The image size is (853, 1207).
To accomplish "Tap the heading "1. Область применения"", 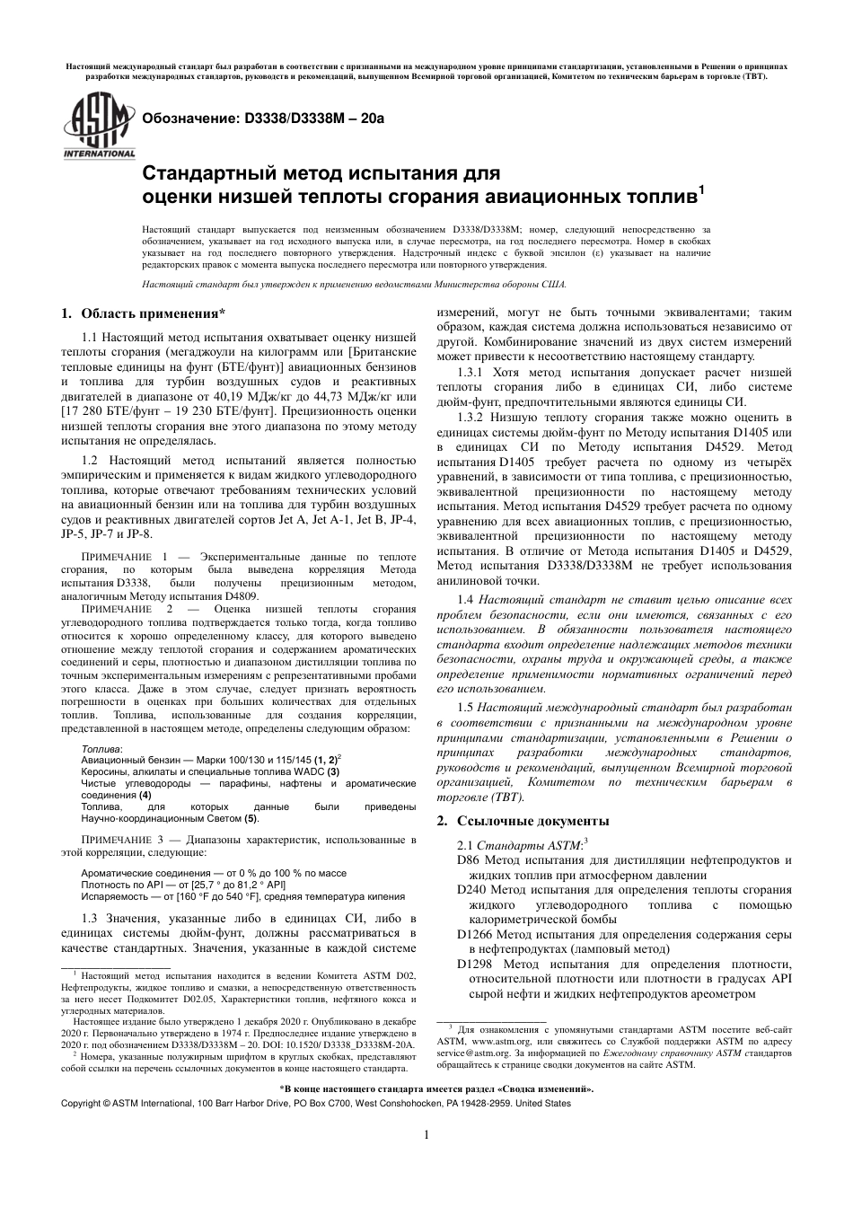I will (x=142, y=313).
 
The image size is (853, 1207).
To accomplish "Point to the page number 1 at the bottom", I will (x=426, y=1134).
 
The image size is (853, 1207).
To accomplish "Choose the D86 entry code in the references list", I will (x=469, y=859).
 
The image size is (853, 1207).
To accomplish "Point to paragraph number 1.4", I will (x=464, y=599).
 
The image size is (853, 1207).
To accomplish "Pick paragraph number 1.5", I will (x=464, y=708).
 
